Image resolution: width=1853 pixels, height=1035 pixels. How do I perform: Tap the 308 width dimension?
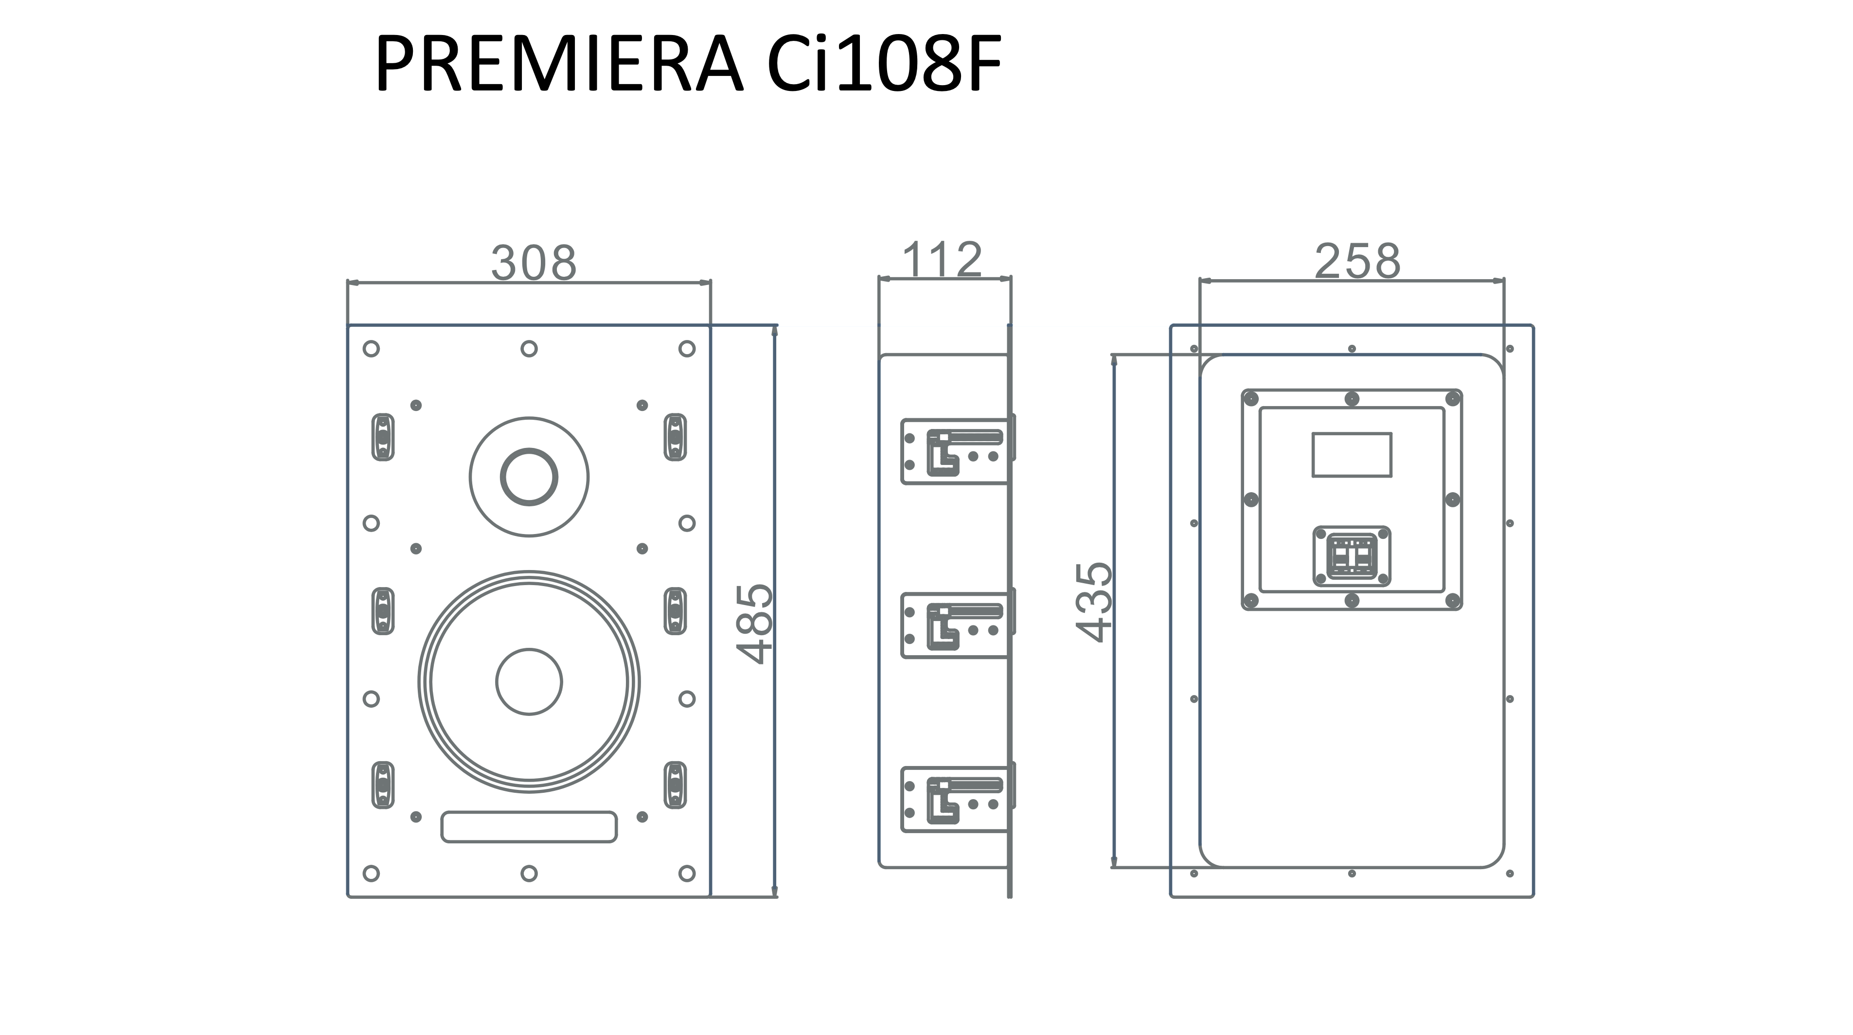[x=534, y=263]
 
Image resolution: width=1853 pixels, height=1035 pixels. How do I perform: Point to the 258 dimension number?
[x=1357, y=261]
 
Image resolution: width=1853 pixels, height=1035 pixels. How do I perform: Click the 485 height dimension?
[x=755, y=624]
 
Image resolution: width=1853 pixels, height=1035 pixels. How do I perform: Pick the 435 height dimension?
[x=1094, y=602]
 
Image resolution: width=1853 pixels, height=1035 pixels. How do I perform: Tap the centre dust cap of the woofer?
[x=530, y=682]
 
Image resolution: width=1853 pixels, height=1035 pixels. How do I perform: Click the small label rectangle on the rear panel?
[x=1352, y=455]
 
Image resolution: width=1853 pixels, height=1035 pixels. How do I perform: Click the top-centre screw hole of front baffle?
[x=529, y=349]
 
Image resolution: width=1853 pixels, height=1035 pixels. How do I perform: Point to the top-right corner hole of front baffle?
[x=687, y=349]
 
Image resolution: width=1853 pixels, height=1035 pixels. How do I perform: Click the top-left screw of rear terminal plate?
[x=1251, y=398]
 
